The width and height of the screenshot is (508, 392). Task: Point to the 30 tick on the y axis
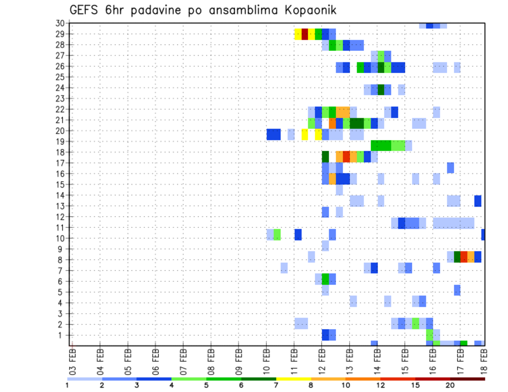pos(60,23)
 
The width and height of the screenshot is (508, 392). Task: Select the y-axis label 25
pos(60,77)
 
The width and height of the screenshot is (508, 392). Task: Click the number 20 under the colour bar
pos(450,385)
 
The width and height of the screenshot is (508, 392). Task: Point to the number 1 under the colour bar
pos(67,385)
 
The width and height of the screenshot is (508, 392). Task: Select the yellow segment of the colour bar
pos(293,379)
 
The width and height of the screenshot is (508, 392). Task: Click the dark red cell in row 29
pos(305,34)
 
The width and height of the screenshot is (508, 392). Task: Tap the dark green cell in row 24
pos(381,88)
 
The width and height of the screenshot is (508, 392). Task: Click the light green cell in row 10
pos(277,234)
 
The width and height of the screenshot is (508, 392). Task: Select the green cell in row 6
pos(325,278)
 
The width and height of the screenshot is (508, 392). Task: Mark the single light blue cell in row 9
pos(325,246)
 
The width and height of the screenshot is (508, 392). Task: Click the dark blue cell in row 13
pos(478,201)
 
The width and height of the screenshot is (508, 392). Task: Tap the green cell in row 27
pos(381,55)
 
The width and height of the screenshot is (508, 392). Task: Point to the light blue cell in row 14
pos(339,190)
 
